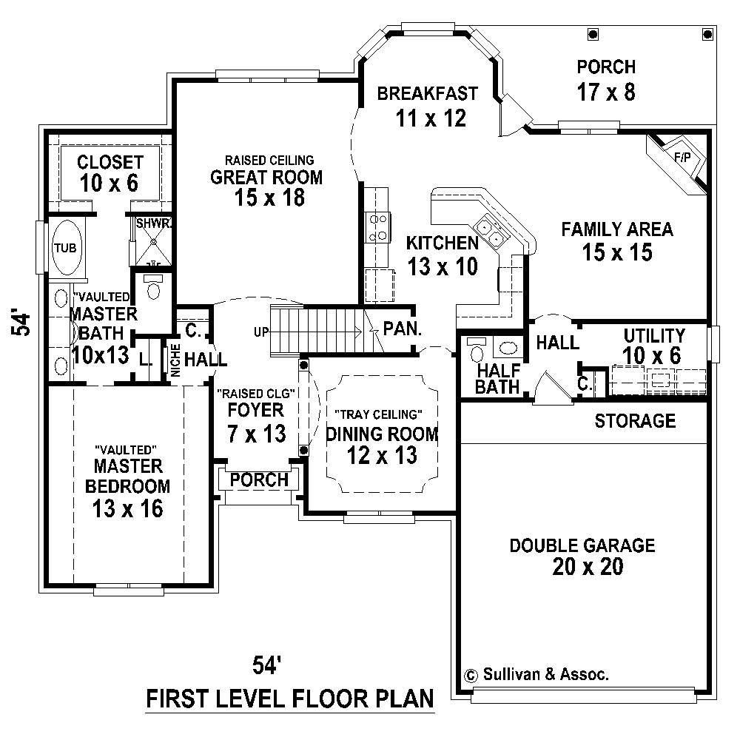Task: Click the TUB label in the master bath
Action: pos(65,248)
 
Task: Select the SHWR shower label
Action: pos(152,223)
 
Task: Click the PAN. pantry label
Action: pos(402,328)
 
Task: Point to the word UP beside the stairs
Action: pos(261,332)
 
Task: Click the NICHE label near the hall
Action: pos(175,360)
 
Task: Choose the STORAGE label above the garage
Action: pos(635,421)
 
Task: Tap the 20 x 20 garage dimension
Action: pos(582,567)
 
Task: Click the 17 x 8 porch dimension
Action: pos(605,92)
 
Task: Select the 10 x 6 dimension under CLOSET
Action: pos(110,183)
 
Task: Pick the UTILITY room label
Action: pos(653,335)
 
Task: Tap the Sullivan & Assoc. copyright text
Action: pos(545,674)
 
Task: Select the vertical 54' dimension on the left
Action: pos(24,324)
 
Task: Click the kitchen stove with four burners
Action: pos(379,227)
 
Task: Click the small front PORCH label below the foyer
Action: pos(259,480)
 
